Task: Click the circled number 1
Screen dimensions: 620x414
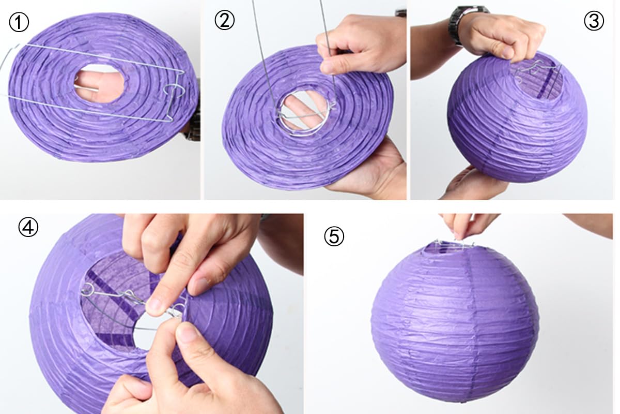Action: [x=19, y=22]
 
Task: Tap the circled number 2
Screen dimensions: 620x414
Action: [x=224, y=20]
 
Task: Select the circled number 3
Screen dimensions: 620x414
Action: [x=594, y=21]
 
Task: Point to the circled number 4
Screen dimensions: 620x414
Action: [x=28, y=227]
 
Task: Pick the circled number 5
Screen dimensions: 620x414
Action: [x=334, y=236]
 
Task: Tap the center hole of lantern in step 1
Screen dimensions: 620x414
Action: [x=99, y=83]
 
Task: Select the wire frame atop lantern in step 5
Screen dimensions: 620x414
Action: [x=454, y=245]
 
